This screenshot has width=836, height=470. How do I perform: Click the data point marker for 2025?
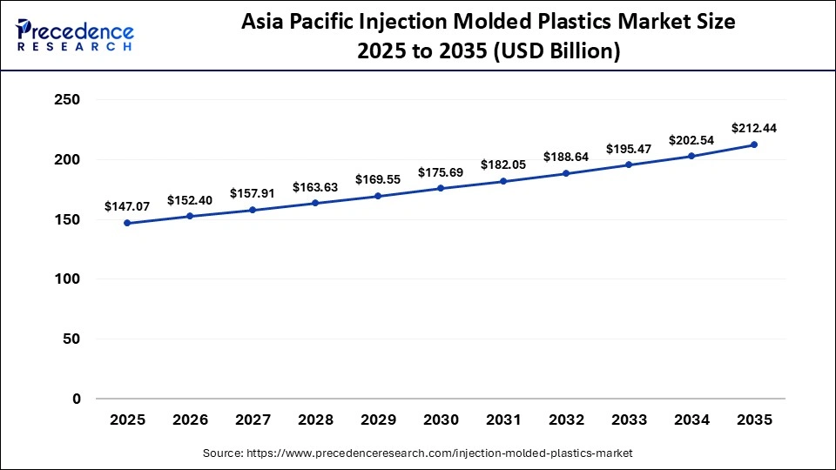(127, 223)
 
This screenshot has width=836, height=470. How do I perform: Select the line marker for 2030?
(441, 188)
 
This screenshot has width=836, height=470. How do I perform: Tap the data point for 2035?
(754, 144)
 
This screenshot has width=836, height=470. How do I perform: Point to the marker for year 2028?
(315, 203)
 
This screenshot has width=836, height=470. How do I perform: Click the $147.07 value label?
(127, 206)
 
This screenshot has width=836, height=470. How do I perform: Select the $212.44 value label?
(754, 128)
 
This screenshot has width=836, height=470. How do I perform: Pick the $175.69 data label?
(441, 172)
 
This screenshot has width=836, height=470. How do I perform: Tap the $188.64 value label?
(566, 157)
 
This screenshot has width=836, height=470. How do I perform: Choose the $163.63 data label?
(315, 186)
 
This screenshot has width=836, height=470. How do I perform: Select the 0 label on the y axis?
(76, 399)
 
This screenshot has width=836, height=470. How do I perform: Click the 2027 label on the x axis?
(253, 420)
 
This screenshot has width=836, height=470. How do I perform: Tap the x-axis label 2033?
(629, 420)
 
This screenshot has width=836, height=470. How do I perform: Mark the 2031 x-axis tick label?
(503, 420)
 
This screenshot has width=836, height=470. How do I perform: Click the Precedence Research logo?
(75, 36)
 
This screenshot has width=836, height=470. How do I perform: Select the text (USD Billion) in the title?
(557, 51)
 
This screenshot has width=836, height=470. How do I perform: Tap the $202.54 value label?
(691, 140)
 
